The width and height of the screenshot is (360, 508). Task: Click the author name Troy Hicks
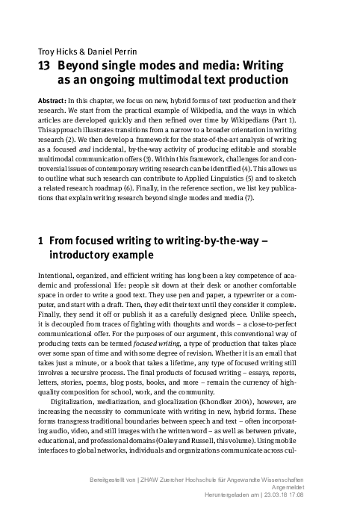[54, 51]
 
